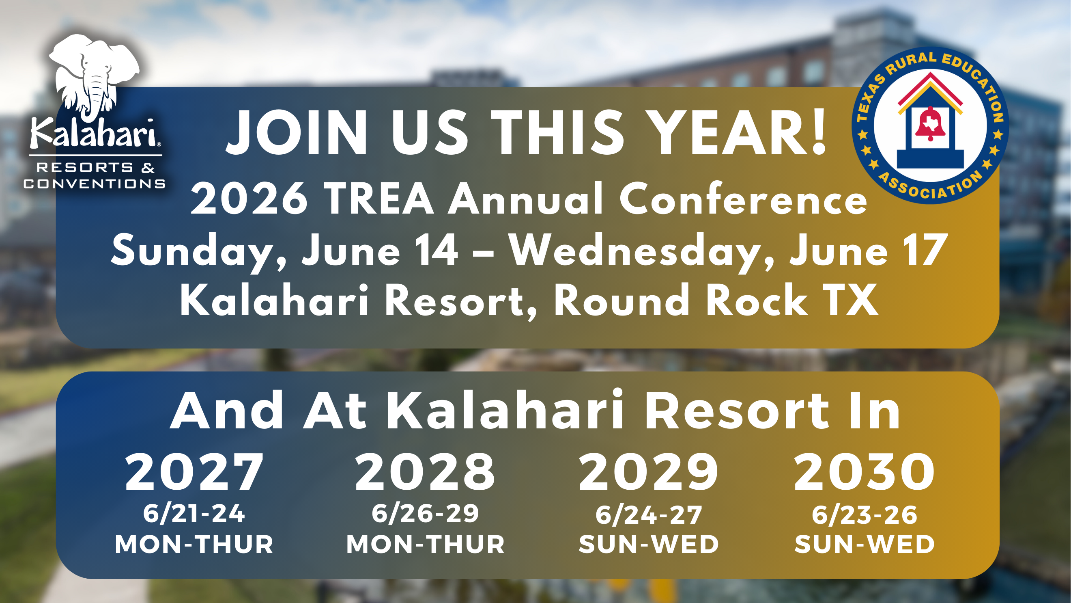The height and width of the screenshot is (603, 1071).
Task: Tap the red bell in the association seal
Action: (931, 124)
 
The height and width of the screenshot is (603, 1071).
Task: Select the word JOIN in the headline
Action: (296, 133)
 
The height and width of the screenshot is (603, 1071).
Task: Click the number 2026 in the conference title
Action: (249, 199)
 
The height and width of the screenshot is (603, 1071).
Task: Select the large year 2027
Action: (194, 472)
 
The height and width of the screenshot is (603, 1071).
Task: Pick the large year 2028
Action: (424, 472)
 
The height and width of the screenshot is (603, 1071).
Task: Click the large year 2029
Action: (648, 472)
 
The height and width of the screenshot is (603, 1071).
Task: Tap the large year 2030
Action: (864, 472)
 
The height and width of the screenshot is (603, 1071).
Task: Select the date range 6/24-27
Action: (649, 515)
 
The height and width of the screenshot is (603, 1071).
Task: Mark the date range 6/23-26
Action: (865, 515)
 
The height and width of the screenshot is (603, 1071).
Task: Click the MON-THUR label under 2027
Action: (194, 544)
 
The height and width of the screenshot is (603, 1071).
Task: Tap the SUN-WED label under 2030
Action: (865, 544)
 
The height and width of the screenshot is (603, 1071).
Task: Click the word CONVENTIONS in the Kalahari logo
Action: (95, 184)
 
